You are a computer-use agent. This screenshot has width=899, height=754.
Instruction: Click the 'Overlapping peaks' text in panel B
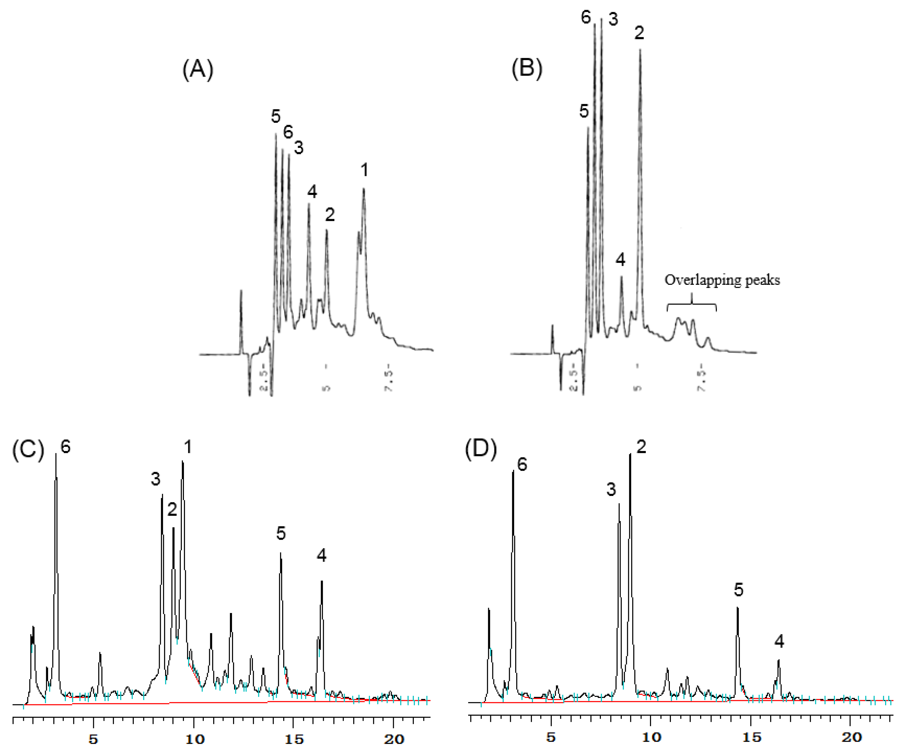pos(722,280)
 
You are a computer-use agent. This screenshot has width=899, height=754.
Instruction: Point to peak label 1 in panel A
pos(364,170)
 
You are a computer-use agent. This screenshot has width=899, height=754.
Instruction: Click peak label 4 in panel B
pos(620,260)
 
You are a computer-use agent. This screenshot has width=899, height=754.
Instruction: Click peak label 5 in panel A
pos(276,116)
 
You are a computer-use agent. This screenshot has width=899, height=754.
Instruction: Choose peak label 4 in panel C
pos(322,556)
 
